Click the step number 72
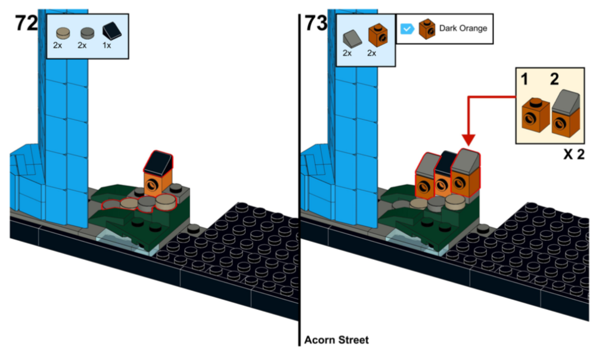click(x=26, y=23)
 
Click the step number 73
click(x=316, y=23)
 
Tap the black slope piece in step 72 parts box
click(x=112, y=31)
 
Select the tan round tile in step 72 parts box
click(x=63, y=33)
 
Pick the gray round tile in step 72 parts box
click(x=88, y=33)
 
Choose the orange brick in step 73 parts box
click(x=378, y=36)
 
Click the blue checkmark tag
click(x=407, y=29)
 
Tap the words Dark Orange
click(x=463, y=28)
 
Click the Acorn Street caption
click(x=337, y=340)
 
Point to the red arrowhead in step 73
click(x=468, y=140)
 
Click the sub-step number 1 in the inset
click(x=525, y=79)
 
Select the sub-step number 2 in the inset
click(x=554, y=79)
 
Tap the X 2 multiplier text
click(x=574, y=154)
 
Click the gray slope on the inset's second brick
click(x=566, y=102)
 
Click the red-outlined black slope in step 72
click(x=158, y=162)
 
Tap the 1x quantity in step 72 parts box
click(x=107, y=45)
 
